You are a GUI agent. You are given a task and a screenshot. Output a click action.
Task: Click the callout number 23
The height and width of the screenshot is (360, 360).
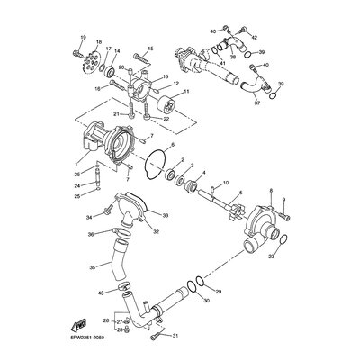269,256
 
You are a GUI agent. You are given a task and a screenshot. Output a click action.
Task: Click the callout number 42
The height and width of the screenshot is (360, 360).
256,37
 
